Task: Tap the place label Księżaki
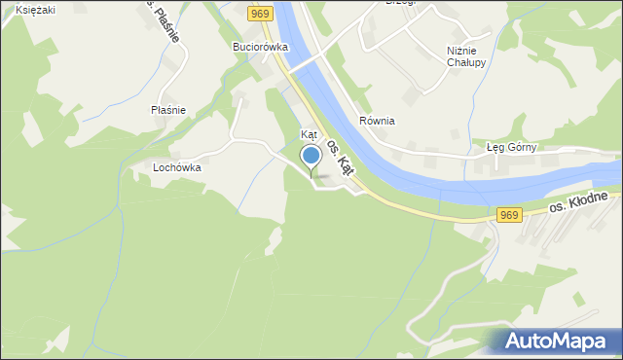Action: tap(35, 9)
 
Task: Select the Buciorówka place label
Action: tap(260, 46)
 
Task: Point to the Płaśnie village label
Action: tap(168, 110)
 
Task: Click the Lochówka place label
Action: tap(176, 167)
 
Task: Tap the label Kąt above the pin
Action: tap(310, 134)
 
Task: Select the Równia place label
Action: tap(376, 121)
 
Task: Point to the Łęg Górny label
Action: tap(511, 148)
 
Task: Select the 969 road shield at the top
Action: tap(259, 13)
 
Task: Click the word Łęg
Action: tap(495, 148)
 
